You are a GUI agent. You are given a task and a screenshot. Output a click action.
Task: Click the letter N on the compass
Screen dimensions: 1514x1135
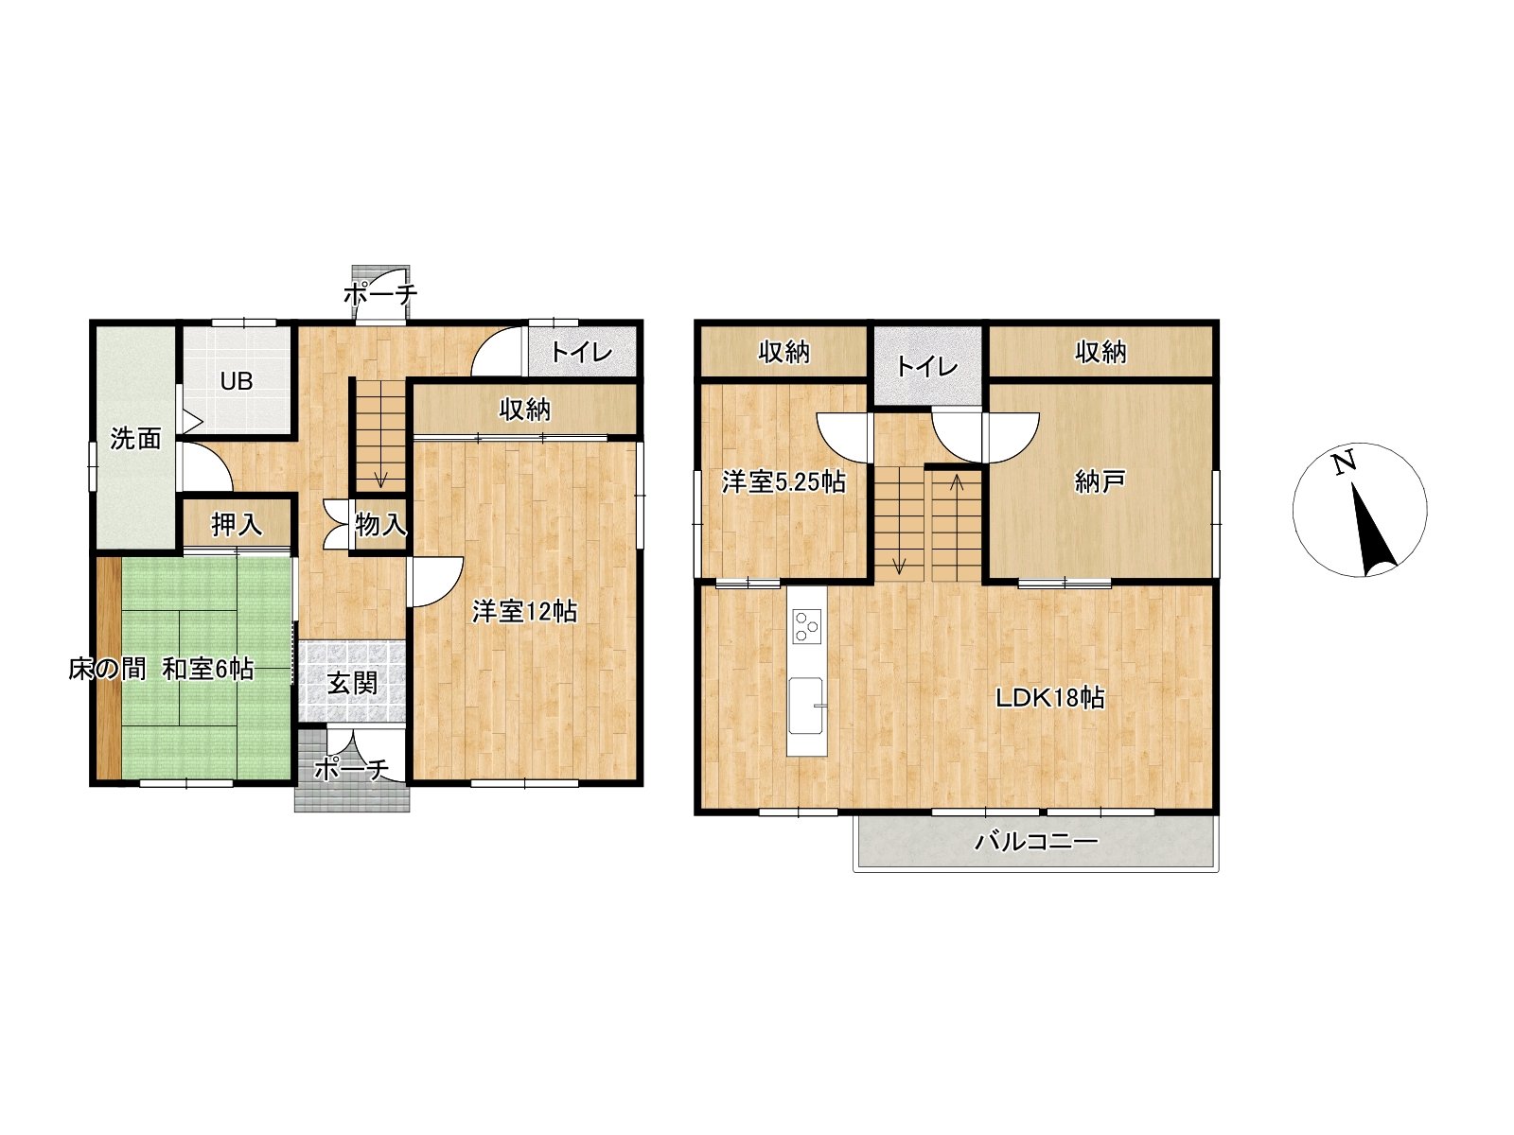click(1343, 463)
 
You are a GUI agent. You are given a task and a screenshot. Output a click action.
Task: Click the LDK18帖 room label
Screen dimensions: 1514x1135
click(1049, 698)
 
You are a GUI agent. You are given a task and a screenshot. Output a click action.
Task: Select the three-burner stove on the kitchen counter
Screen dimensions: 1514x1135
click(805, 626)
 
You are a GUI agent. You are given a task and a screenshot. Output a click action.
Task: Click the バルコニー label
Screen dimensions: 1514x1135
click(1035, 842)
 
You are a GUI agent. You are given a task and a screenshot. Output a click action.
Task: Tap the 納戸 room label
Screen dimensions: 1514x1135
click(1100, 481)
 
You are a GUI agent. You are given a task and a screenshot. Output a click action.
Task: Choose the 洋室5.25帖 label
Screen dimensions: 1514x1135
click(783, 481)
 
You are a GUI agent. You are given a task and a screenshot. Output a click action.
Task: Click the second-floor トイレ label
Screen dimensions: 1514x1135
click(927, 366)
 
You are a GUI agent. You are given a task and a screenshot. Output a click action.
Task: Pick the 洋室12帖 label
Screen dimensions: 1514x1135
click(524, 611)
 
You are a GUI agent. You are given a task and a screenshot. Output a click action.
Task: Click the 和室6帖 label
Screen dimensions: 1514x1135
click(207, 669)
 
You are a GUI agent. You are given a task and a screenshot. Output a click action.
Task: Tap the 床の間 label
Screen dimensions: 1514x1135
click(107, 669)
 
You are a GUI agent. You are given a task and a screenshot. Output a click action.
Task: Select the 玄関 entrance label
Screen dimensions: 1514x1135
click(352, 683)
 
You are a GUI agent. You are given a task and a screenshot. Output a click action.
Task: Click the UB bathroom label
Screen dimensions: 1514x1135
click(237, 381)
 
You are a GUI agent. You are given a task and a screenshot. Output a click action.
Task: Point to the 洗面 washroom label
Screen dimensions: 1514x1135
click(136, 438)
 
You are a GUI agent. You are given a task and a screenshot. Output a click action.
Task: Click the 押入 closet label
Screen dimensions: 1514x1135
click(237, 524)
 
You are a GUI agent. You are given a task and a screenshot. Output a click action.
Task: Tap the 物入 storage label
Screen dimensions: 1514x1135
click(380, 524)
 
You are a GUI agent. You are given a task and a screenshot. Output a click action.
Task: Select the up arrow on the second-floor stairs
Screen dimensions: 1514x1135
click(957, 483)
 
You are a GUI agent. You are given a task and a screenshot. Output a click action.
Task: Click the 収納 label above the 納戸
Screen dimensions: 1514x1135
click(1100, 352)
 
